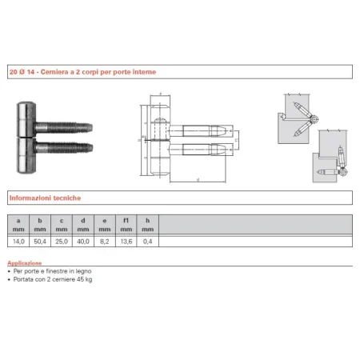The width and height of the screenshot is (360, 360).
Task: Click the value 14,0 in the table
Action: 18,241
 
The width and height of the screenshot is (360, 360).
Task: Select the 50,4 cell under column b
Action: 40,241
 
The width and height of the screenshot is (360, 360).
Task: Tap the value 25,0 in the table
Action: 62,241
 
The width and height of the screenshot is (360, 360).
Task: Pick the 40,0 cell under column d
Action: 83,241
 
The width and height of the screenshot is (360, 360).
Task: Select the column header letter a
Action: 18,219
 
